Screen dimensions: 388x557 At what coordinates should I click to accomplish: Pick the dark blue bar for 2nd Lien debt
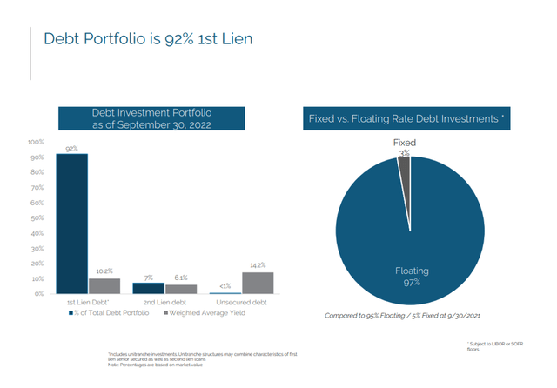pos(148,288)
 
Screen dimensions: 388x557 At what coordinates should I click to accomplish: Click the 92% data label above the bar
pos(71,149)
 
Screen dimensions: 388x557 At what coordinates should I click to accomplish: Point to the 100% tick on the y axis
pos(36,142)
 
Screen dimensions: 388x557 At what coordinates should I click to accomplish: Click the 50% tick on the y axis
pos(37,217)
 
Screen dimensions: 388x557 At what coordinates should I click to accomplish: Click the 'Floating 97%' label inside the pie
pos(411,277)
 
